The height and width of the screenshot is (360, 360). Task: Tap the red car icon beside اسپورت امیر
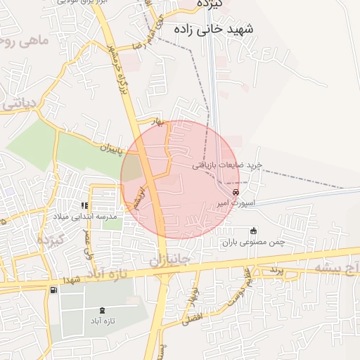(x=236, y=192)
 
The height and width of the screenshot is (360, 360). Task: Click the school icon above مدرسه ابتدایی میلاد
(x=84, y=205)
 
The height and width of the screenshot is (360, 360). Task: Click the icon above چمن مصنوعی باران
(x=254, y=231)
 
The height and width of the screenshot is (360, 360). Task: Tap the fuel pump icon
(x=53, y=290)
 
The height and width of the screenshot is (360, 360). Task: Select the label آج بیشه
(x=335, y=269)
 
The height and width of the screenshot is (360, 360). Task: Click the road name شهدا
(x=72, y=279)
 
